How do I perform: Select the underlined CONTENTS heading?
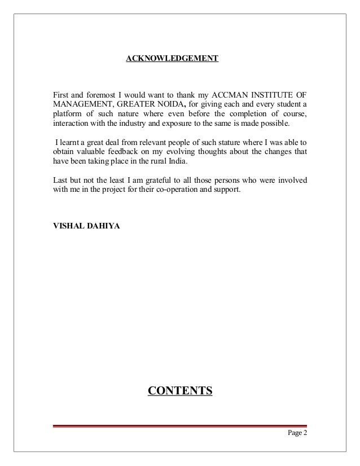click(179, 390)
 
